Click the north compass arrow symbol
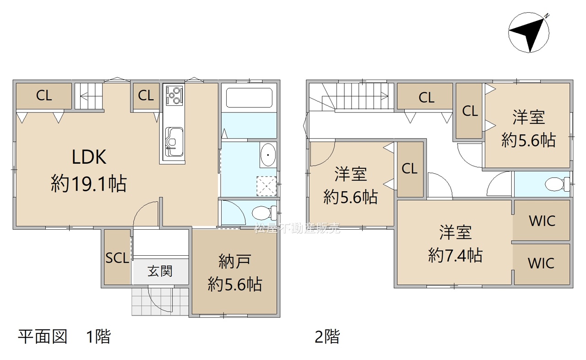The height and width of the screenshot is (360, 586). [529, 32]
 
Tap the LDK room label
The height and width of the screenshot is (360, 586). [89, 157]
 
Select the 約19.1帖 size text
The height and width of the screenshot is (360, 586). [89, 183]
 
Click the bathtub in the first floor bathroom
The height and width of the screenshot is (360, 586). [249, 98]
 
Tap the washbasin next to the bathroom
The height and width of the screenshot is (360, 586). [268, 155]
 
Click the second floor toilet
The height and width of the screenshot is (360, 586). [557, 184]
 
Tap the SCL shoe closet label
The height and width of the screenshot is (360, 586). [118, 258]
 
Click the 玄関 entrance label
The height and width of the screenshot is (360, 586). [160, 271]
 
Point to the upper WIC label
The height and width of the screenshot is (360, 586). [542, 221]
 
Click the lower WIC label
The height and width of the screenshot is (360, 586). [541, 263]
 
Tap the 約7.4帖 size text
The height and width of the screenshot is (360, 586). [456, 255]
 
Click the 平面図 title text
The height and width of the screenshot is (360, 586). [43, 337]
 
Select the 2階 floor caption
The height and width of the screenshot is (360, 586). [327, 337]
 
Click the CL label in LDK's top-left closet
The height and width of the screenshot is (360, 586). [44, 96]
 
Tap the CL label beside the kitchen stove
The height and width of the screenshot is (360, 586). [146, 96]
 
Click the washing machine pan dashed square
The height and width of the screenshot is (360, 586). [266, 186]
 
